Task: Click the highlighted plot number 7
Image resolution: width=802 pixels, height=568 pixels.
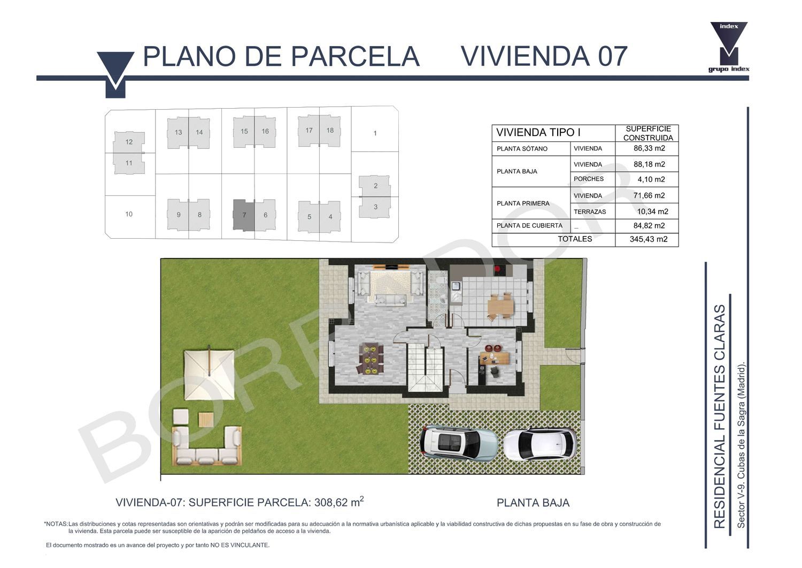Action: tap(244, 215)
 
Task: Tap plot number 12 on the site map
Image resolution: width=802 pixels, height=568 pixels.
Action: tap(129, 142)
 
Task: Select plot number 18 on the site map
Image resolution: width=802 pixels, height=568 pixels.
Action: tap(330, 131)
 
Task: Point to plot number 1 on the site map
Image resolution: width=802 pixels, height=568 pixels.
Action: tap(375, 133)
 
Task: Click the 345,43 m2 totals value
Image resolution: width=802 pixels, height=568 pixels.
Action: tap(649, 239)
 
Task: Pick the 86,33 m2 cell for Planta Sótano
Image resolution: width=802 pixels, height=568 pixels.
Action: tap(649, 148)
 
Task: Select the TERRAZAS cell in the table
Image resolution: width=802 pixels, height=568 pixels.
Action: tap(590, 212)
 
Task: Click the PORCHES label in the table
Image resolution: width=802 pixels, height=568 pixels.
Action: tap(589, 179)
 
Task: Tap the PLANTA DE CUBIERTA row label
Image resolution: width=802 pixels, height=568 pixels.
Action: tap(529, 225)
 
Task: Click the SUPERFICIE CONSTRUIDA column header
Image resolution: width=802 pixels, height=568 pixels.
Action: tap(648, 133)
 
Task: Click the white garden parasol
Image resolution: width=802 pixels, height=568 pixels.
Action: tap(209, 374)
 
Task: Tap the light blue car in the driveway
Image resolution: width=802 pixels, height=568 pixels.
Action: tap(459, 444)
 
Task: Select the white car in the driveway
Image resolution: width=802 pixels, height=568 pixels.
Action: tap(540, 444)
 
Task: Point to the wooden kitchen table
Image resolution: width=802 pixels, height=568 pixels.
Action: tap(500, 306)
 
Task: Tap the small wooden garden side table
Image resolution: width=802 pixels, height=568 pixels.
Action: tap(206, 419)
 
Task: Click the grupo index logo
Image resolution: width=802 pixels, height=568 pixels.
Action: tap(729, 47)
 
